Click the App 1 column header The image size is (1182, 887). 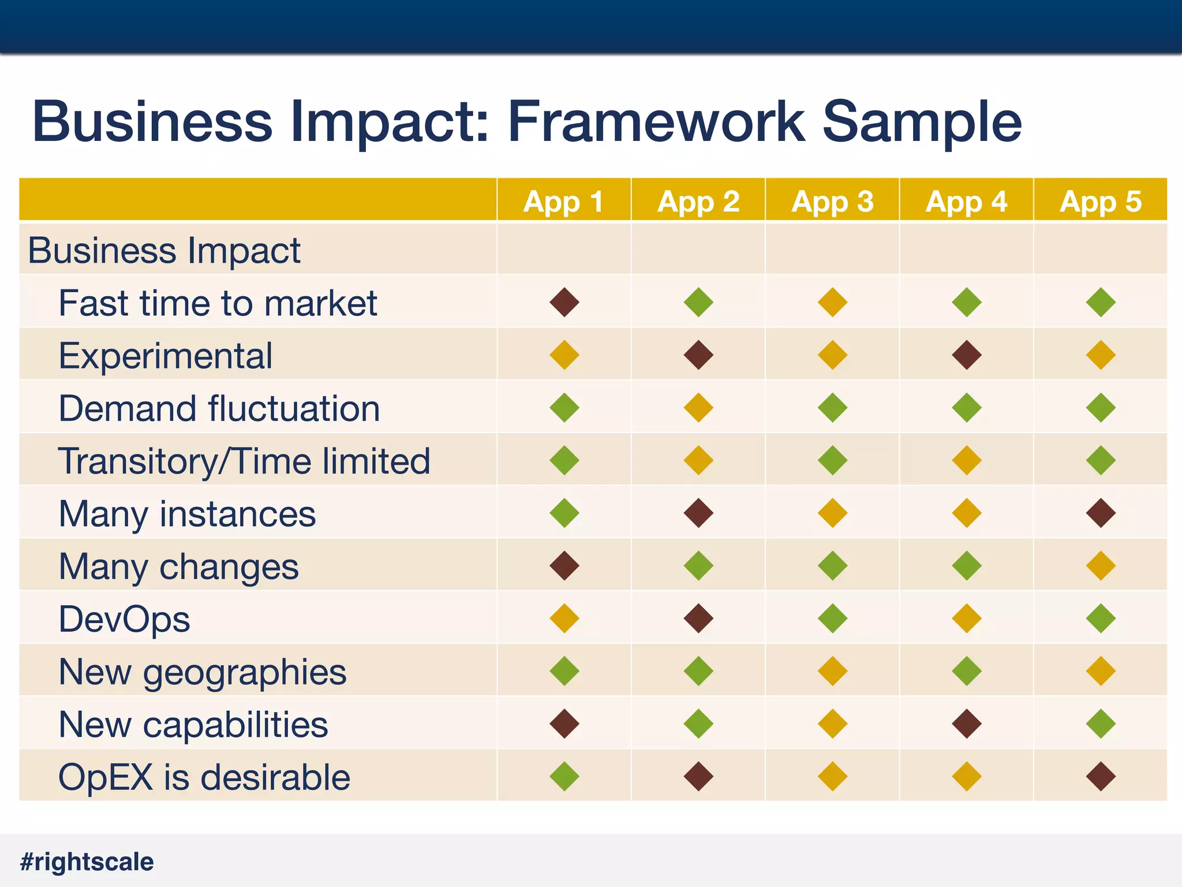(563, 202)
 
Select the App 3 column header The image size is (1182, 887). (832, 202)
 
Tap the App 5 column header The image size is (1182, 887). (1100, 202)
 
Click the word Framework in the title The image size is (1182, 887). (656, 121)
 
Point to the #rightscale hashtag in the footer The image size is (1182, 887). (87, 862)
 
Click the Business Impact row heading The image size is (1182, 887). (164, 250)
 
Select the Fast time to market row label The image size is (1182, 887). (218, 303)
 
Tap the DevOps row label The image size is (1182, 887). (124, 619)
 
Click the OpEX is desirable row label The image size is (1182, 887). (204, 777)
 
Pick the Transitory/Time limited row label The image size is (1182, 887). (244, 461)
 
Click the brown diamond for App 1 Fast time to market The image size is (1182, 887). (564, 302)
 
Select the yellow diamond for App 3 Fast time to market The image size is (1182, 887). (832, 302)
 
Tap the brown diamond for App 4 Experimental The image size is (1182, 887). (967, 355)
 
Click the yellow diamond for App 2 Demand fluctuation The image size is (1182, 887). (698, 408)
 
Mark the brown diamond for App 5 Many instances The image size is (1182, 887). (1101, 513)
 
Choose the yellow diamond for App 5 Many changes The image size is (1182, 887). (1101, 565)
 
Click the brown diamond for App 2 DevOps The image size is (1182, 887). (698, 618)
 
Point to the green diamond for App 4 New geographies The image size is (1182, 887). (967, 671)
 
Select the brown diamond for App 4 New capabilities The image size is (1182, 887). (967, 724)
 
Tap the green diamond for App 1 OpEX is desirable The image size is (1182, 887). (564, 776)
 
